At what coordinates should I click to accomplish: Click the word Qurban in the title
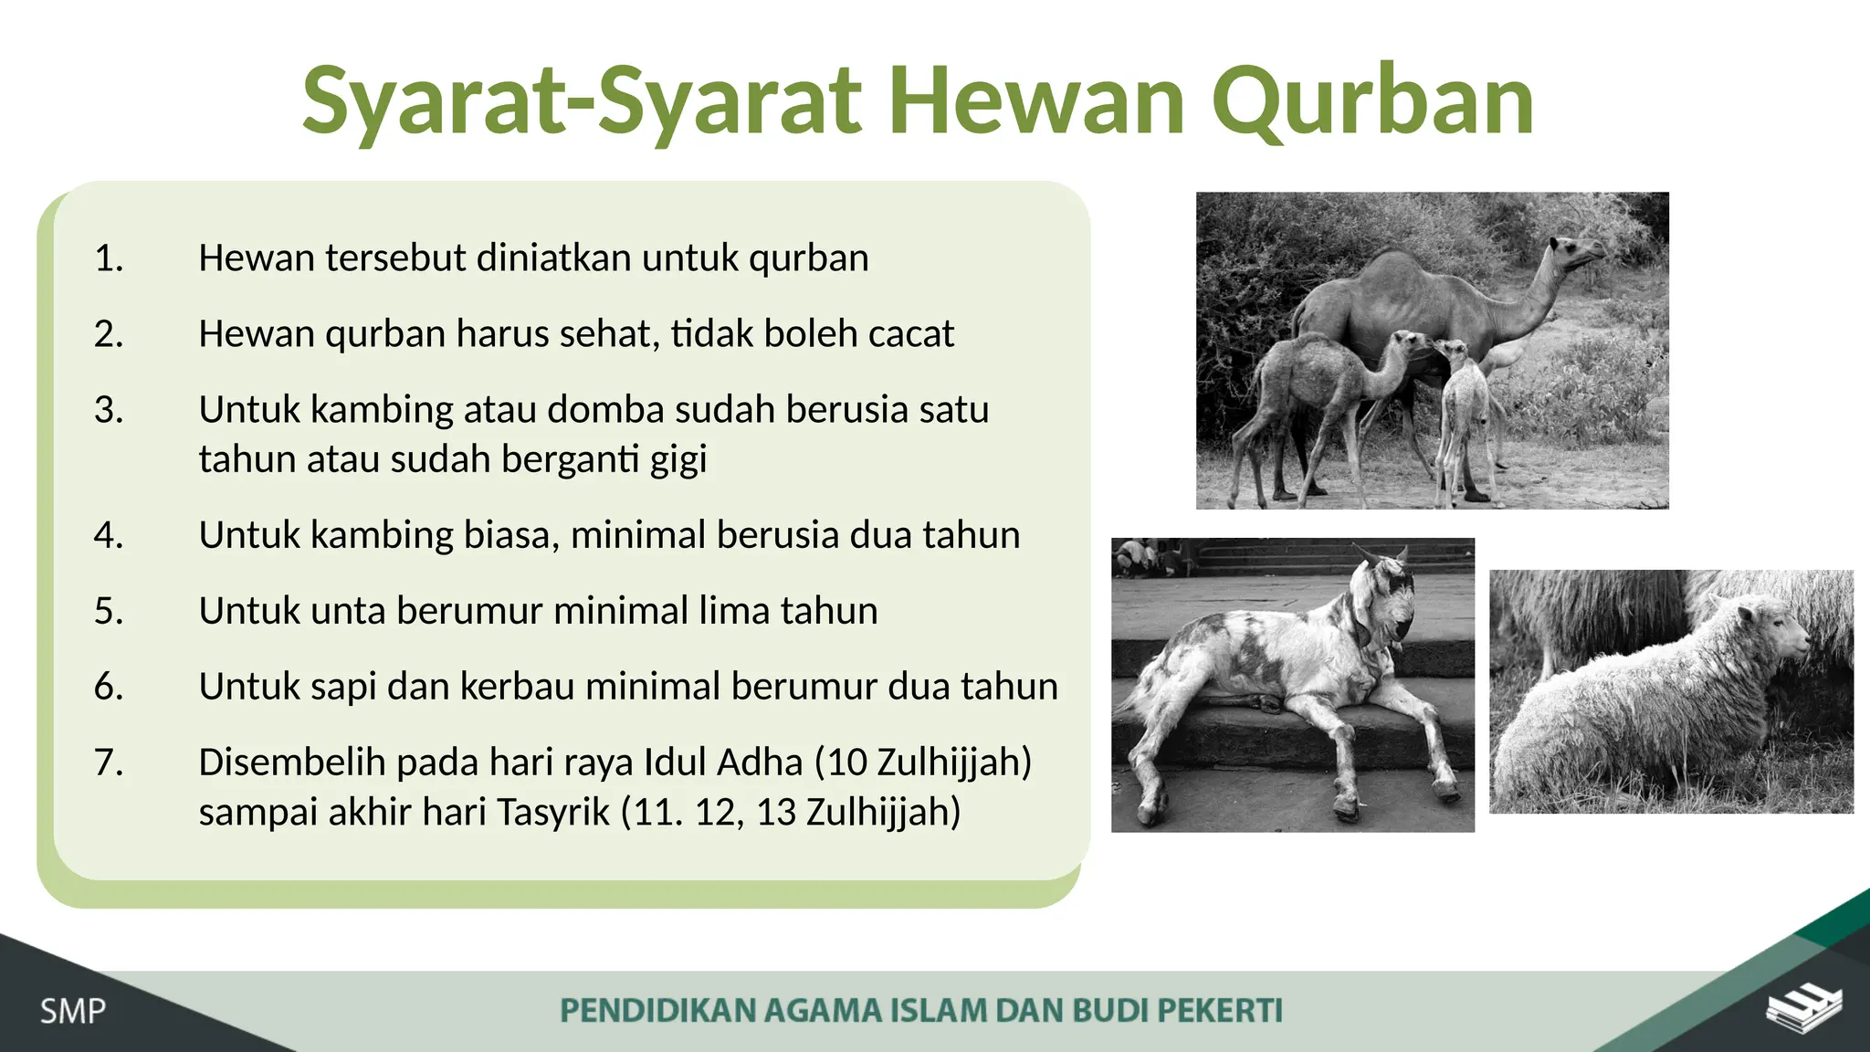tap(1372, 100)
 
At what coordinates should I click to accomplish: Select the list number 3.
tap(109, 410)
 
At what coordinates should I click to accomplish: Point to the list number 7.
tap(109, 763)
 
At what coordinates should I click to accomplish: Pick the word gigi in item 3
tap(678, 459)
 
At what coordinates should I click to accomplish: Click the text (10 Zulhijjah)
tap(922, 763)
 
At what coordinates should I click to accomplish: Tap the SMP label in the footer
tap(72, 1012)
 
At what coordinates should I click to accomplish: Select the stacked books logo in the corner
tap(1803, 1009)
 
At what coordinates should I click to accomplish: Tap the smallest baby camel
tap(1464, 411)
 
